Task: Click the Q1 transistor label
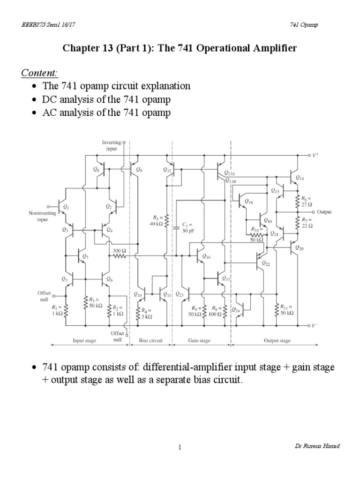pos(66,207)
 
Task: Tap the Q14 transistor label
pos(300,179)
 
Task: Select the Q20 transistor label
pos(300,248)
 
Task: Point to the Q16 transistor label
pos(207,257)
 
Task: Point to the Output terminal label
pos(324,212)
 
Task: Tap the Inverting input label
pos(111,145)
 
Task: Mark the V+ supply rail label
pos(316,155)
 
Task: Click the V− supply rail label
pos(316,325)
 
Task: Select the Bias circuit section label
pos(150,341)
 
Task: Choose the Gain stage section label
pos(199,341)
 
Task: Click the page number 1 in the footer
pos(180,447)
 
